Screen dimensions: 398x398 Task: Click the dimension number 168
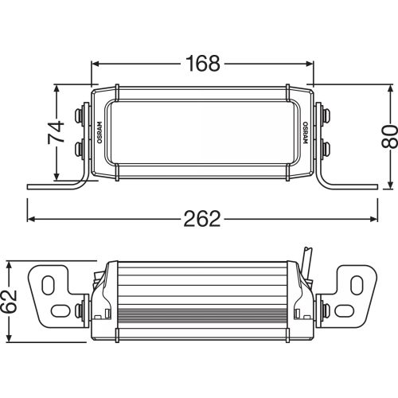pos(202,64)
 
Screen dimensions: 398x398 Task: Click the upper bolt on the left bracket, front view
pos(81,114)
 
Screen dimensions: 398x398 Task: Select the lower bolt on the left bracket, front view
pos(81,149)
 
